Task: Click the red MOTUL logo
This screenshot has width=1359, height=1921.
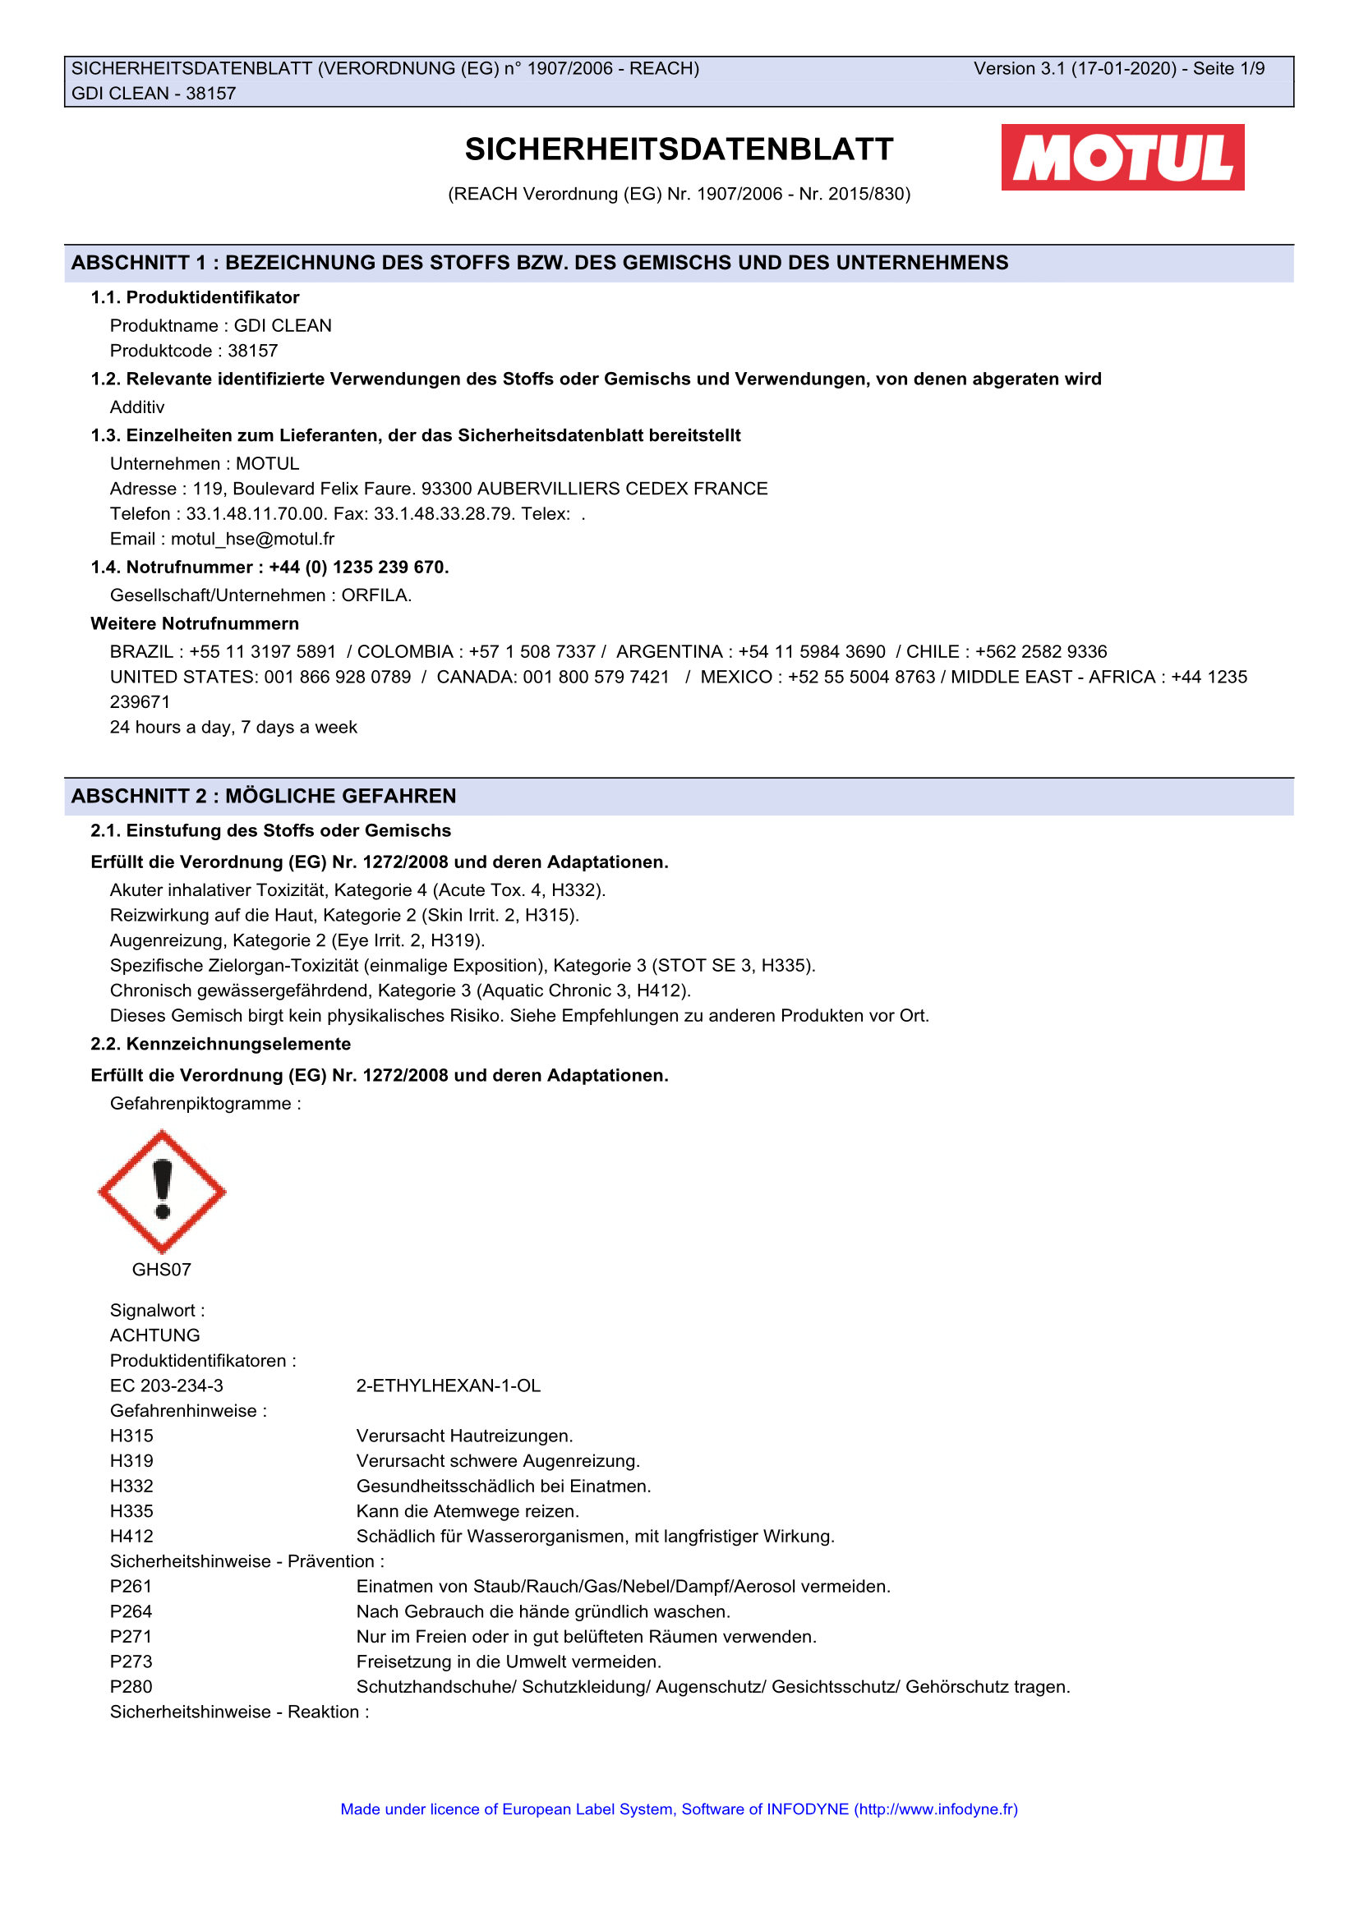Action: point(1122,158)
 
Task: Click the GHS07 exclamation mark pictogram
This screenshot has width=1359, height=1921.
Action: point(162,1191)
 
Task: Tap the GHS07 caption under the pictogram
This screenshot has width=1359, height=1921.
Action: point(162,1269)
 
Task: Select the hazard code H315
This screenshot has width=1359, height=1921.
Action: point(132,1436)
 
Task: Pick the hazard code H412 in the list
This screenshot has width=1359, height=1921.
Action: point(132,1536)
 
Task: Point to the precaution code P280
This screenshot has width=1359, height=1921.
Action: point(131,1687)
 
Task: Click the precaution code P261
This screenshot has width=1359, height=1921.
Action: point(131,1587)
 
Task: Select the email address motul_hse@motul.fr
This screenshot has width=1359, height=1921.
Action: point(253,539)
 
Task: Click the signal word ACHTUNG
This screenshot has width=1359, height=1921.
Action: point(154,1335)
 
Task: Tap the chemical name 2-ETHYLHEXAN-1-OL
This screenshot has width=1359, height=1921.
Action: point(449,1386)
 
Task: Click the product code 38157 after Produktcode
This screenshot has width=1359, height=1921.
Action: point(253,351)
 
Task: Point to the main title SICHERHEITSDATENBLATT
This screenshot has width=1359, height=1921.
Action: point(679,149)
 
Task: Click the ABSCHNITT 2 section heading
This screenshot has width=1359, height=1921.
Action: point(264,796)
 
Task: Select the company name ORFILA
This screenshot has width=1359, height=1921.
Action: point(375,595)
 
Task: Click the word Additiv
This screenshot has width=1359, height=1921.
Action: point(137,407)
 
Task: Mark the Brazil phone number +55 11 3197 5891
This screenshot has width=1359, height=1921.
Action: point(263,652)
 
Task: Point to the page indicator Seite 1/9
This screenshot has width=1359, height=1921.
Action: point(1228,69)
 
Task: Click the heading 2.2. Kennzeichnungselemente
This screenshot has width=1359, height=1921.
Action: point(221,1044)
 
